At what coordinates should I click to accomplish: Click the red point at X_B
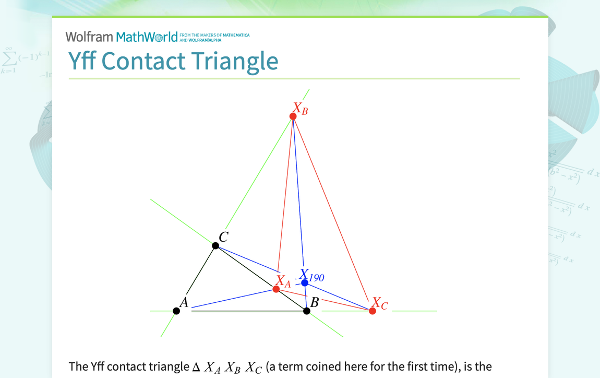293,116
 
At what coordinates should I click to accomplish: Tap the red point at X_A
276,289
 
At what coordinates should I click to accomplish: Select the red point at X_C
373,311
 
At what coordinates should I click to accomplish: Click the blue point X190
305,282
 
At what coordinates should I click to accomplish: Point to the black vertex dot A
176,311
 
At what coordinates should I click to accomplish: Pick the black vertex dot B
307,311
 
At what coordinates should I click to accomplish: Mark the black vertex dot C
215,245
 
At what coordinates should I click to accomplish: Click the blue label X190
312,275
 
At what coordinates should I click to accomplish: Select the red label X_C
380,303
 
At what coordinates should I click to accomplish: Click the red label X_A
283,282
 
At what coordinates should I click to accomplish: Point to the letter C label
223,238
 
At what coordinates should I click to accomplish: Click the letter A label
184,302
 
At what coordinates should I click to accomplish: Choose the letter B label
315,302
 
